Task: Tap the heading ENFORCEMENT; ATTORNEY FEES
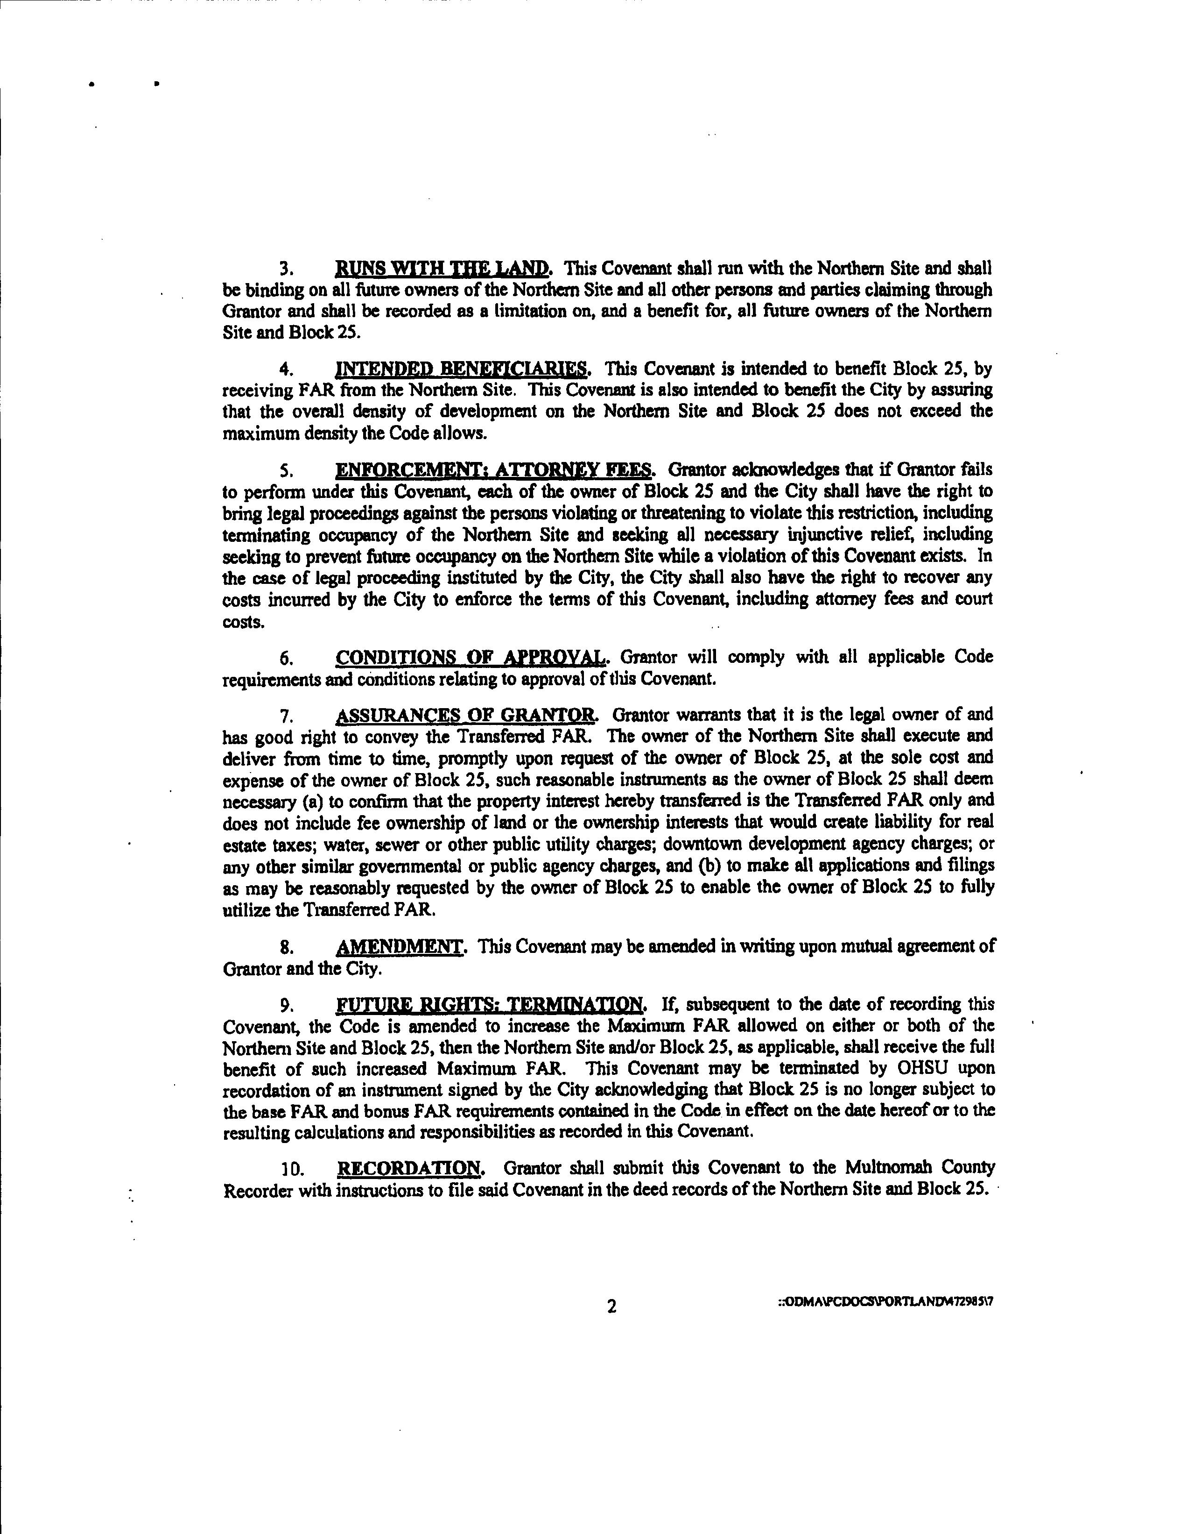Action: coord(495,469)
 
